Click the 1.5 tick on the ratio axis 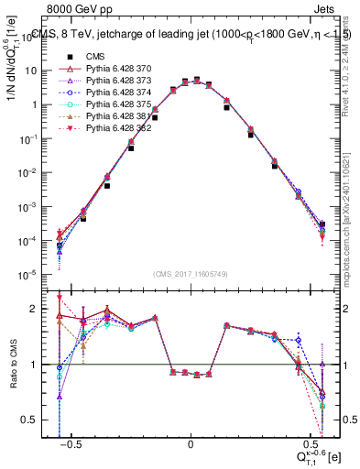coord(38,336)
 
